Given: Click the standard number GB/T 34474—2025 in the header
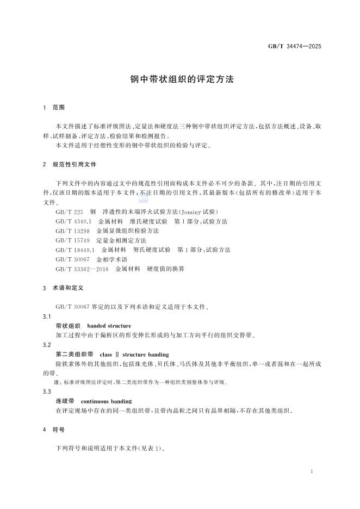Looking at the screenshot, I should tap(295, 46).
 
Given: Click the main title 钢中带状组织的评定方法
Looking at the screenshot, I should tap(182, 79).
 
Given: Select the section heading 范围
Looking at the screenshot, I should tap(59, 108).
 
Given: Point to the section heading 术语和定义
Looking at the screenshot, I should tap(67, 287).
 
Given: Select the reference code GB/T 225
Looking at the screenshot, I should tap(69, 212).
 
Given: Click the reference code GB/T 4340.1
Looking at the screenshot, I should tap(73, 221).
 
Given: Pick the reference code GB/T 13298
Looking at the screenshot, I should tap(71, 231).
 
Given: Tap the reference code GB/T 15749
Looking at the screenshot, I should tap(71, 240).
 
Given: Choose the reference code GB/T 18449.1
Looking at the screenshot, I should tap(75, 250).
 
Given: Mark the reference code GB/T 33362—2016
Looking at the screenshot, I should tap(82, 269).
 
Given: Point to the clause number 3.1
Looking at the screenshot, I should tap(47, 316).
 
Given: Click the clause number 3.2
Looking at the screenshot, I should tap(47, 345).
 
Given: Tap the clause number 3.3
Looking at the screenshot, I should tap(47, 392).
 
